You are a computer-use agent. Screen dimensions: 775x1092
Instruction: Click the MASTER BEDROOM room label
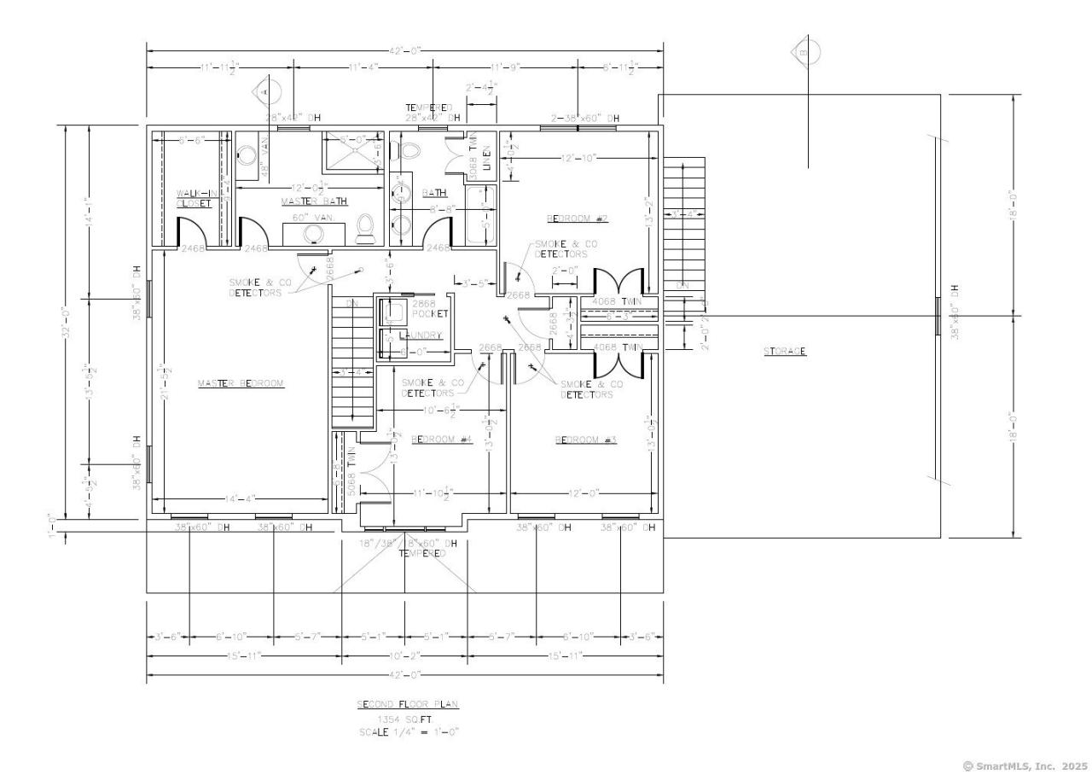[x=240, y=383]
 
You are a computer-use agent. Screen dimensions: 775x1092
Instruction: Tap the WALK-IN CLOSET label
[x=194, y=198]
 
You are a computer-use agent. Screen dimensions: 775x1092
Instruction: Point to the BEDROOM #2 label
[x=577, y=219]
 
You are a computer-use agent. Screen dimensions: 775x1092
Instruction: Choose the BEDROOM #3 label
[x=585, y=440]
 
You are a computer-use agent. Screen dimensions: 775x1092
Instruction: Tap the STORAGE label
[x=785, y=351]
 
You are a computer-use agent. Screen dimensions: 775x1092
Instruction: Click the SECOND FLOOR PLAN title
[x=407, y=704]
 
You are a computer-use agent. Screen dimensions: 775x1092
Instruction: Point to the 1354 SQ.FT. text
[x=407, y=720]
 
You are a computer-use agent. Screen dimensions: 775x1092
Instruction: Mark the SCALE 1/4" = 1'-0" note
[x=407, y=732]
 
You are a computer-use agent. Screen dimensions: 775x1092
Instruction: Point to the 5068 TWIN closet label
[x=351, y=465]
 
